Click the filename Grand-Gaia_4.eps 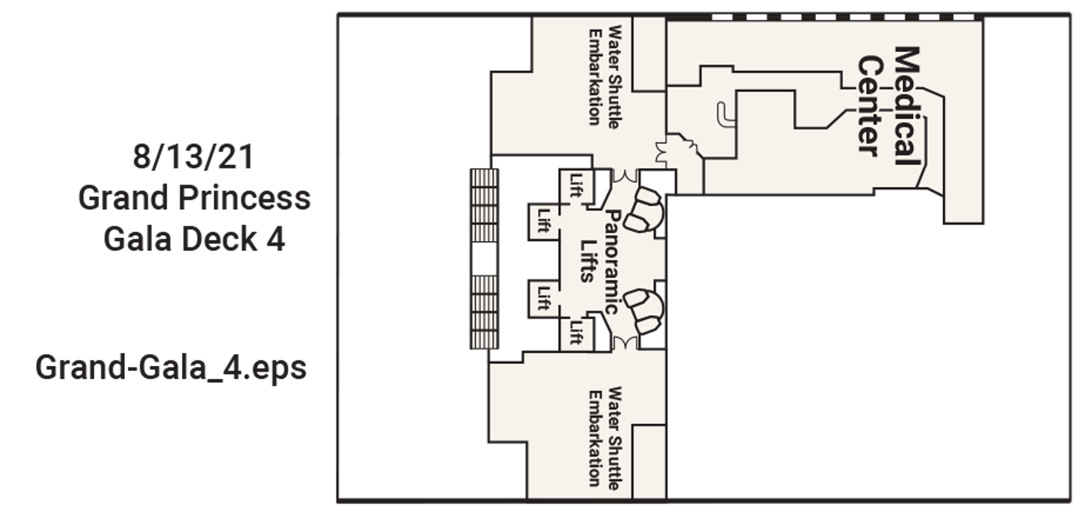pyautogui.click(x=171, y=368)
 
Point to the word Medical pyautogui.click(x=906, y=106)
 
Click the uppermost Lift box pyautogui.click(x=575, y=186)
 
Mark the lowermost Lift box pyautogui.click(x=575, y=332)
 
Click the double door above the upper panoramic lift pyautogui.click(x=625, y=176)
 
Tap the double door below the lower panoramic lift pyautogui.click(x=625, y=342)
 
